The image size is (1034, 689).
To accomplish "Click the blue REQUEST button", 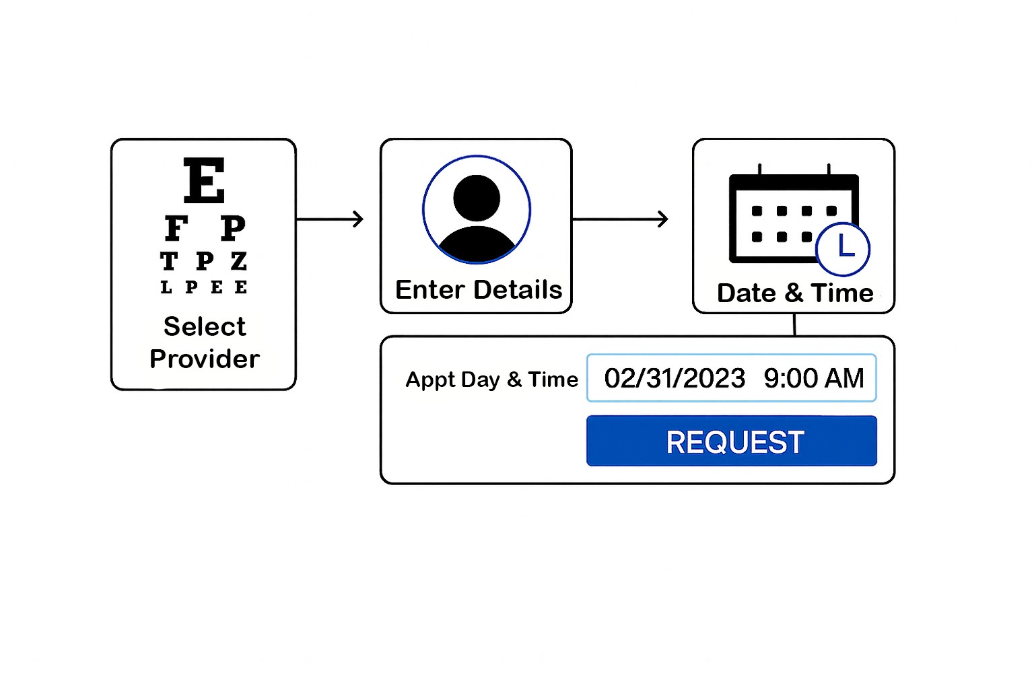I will [x=732, y=441].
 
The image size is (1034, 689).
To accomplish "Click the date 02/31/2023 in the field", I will [x=675, y=378].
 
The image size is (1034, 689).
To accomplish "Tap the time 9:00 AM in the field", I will [x=814, y=378].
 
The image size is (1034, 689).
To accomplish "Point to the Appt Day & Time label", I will [x=491, y=379].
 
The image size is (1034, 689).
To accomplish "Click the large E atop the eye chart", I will [x=204, y=180].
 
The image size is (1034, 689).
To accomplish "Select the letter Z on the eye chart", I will [x=239, y=261].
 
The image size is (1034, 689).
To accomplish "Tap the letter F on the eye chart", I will [x=176, y=229].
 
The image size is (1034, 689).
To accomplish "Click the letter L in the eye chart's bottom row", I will [x=166, y=287].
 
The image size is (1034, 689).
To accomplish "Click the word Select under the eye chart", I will [x=205, y=326].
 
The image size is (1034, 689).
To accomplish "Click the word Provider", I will [x=205, y=359].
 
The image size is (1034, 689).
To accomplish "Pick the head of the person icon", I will [x=477, y=198].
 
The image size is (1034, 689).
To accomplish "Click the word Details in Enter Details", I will [x=518, y=290].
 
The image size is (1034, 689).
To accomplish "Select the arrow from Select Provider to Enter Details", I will [x=330, y=219].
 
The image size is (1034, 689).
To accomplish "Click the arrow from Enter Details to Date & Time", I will [x=620, y=219].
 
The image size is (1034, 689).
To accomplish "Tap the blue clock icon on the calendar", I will [x=843, y=249].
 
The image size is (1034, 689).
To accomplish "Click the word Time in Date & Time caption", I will [x=842, y=293].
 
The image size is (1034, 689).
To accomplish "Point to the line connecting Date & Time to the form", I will [x=794, y=324].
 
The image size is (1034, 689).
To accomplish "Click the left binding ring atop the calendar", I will [x=759, y=169].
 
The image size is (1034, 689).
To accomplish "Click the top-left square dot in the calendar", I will [x=757, y=211].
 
